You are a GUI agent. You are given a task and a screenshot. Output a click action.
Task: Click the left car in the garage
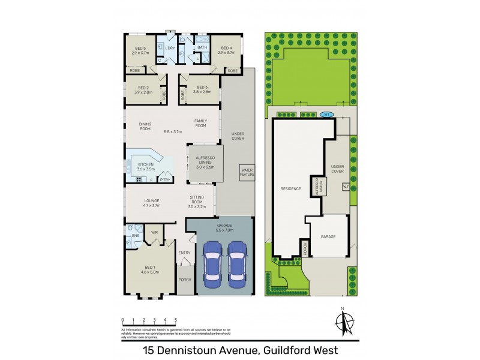coord(212,263)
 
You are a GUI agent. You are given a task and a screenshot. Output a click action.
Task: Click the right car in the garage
coord(237,263)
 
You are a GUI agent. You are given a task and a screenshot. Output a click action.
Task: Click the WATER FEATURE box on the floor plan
coord(247,172)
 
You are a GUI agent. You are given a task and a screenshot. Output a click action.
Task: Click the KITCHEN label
coord(146,166)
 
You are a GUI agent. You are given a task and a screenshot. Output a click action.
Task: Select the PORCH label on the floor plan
coord(185,280)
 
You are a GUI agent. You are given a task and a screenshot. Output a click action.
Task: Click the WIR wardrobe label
coord(154,232)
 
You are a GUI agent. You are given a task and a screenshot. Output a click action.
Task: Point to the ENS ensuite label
coord(135,236)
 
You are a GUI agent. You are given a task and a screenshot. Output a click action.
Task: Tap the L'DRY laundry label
coord(170,47)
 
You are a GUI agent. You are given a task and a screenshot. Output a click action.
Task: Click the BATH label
coord(202,47)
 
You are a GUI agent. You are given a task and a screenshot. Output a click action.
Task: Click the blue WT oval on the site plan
coord(326,114)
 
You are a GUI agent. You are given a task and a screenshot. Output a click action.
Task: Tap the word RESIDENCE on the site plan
coord(290,189)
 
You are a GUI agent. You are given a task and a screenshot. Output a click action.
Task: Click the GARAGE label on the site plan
coord(328,236)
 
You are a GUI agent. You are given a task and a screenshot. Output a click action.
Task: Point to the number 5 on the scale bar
coord(175,320)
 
